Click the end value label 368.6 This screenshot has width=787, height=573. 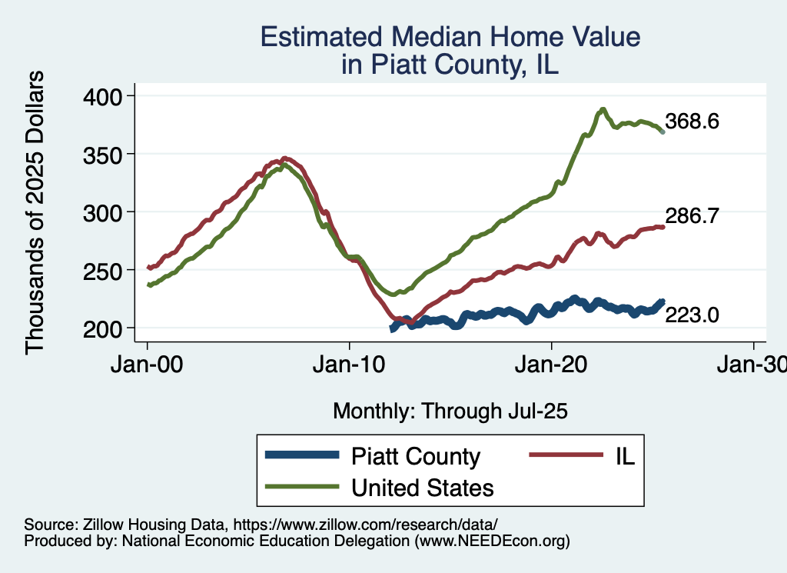pos(692,122)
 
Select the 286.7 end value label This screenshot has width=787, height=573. pos(692,217)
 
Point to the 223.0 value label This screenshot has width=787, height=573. pos(692,314)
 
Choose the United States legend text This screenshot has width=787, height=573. pos(422,488)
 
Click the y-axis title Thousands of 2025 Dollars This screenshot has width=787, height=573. pos(35,212)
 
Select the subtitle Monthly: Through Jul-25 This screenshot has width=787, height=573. pos(450,411)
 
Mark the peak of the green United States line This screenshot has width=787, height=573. pos(603,109)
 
